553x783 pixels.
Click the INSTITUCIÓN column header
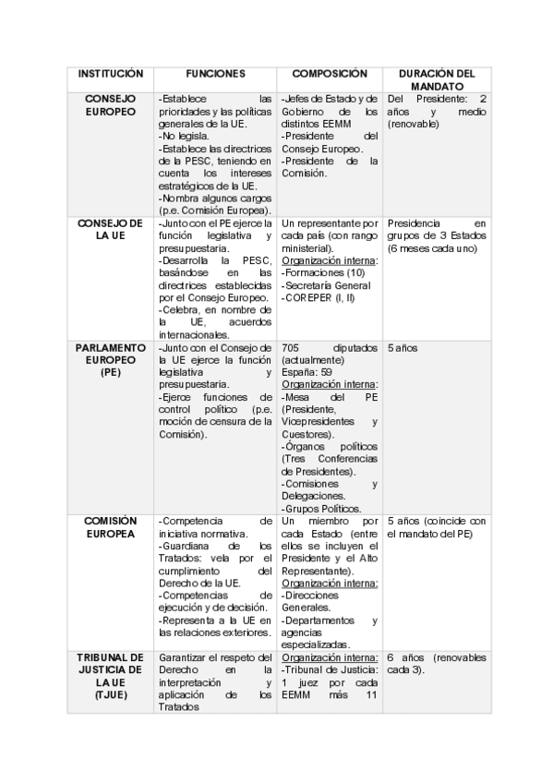(x=111, y=73)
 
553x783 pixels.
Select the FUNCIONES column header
(x=215, y=73)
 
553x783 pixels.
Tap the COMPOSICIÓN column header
(x=330, y=73)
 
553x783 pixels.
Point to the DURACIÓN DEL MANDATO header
(x=436, y=78)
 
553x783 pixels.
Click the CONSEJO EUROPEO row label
(x=111, y=104)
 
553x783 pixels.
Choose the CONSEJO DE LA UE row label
(x=111, y=229)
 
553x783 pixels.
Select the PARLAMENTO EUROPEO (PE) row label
(x=111, y=360)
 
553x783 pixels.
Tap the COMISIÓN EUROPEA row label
(x=111, y=527)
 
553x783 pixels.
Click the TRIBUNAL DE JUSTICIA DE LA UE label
(x=111, y=675)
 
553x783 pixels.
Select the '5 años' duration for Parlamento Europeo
(x=403, y=348)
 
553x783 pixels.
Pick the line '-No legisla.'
(x=185, y=135)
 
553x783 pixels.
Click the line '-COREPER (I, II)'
(x=319, y=297)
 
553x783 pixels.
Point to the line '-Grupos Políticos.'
(x=321, y=508)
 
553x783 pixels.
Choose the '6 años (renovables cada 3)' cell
(x=436, y=663)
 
